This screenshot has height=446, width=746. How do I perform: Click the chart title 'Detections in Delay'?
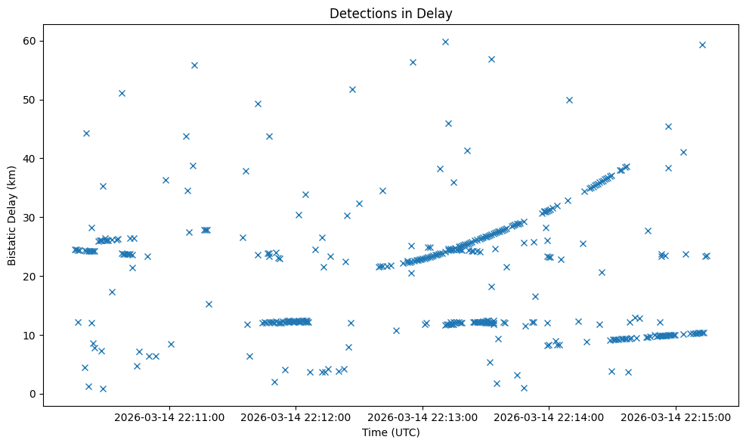(391, 13)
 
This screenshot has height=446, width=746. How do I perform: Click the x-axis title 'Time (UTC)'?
(391, 433)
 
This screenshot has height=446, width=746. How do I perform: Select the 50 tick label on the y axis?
(29, 100)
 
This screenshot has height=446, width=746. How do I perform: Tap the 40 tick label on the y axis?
(29, 159)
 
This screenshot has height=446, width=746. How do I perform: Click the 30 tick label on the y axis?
(29, 218)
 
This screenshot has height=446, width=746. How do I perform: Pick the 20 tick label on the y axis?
(29, 277)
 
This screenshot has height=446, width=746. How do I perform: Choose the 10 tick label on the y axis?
(29, 336)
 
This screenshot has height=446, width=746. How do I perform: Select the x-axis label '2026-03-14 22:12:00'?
(296, 417)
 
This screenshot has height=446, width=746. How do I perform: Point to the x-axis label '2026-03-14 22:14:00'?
(549, 417)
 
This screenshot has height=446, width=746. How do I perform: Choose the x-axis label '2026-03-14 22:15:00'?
(675, 417)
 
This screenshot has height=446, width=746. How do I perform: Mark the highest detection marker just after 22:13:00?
(445, 42)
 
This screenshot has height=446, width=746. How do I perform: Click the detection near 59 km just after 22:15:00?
(702, 45)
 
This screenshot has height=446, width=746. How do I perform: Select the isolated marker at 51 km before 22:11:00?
(122, 93)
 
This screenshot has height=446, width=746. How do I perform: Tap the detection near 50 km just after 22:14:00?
(569, 100)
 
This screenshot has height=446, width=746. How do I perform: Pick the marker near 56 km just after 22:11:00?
(194, 65)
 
